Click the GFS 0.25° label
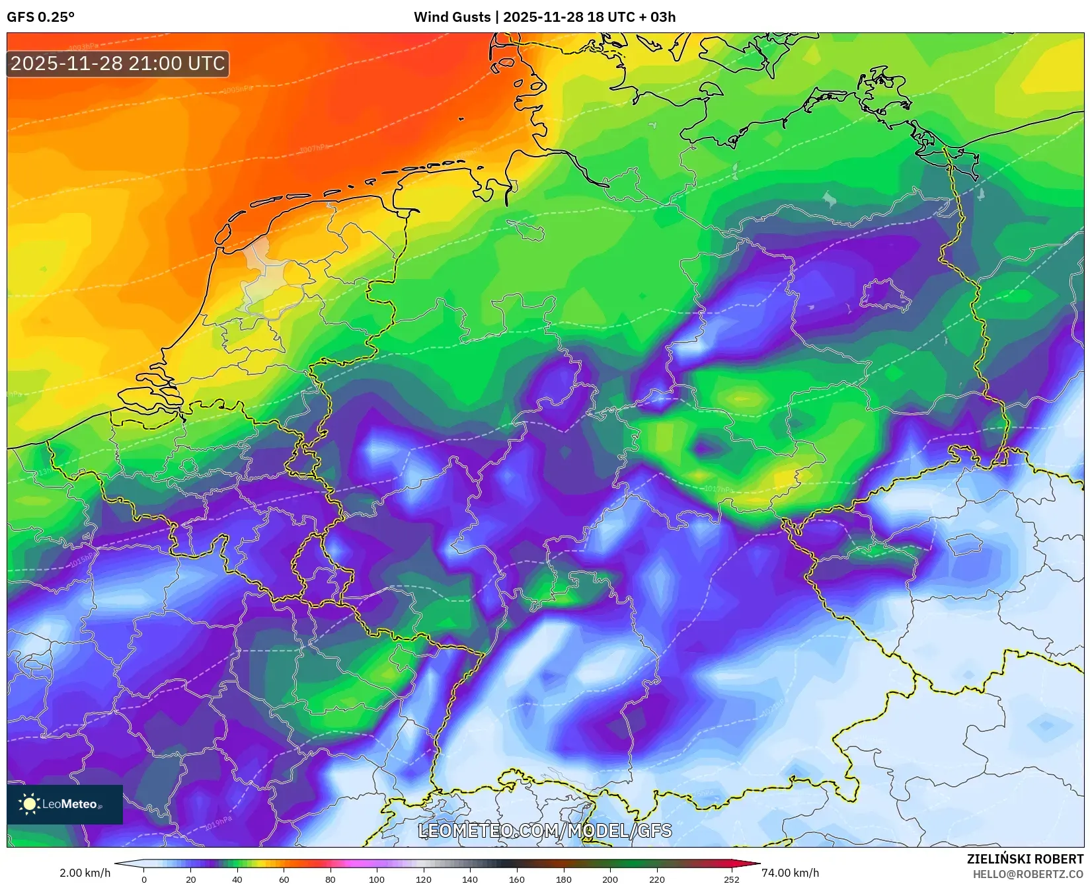40,17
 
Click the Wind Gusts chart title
544,17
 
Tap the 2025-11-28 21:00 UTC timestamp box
118,63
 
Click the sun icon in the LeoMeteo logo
29,804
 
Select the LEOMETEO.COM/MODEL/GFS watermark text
545,830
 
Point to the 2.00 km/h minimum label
85,873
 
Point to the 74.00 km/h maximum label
790,873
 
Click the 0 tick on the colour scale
144,879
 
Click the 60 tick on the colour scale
284,879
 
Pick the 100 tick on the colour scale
377,879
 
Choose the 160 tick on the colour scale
516,879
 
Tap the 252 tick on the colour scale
731,879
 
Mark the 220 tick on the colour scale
656,879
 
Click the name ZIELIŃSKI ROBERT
1025,859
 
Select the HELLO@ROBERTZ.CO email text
1028,874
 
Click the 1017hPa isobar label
719,489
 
